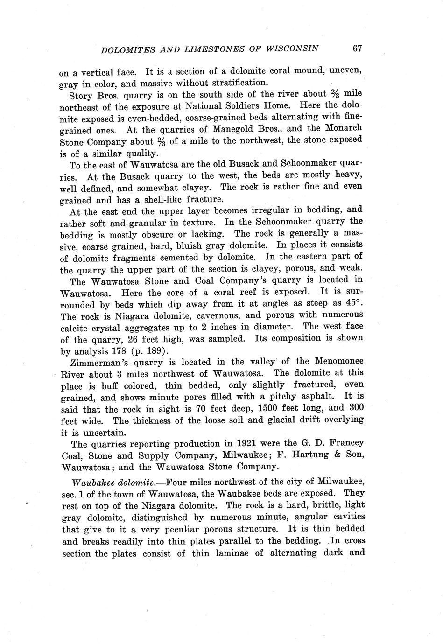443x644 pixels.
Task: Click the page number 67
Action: point(358,48)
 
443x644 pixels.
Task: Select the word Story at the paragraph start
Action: point(80,96)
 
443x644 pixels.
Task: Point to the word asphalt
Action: point(314,396)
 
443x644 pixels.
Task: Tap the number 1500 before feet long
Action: point(258,407)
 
